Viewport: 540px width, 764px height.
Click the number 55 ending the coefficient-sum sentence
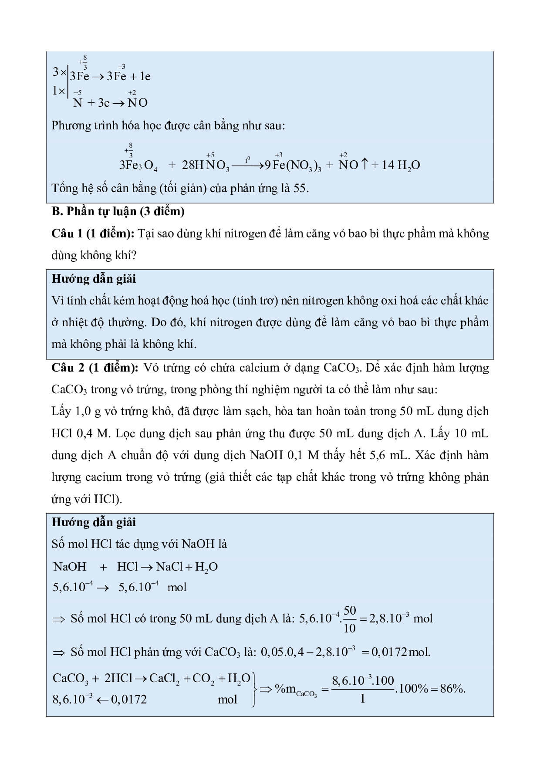pyautogui.click(x=299, y=188)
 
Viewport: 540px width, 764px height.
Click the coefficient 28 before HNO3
pyautogui.click(x=190, y=165)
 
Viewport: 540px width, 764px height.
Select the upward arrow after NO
pyautogui.click(x=364, y=165)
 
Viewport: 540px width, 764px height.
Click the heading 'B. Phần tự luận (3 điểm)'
pyautogui.click(x=118, y=211)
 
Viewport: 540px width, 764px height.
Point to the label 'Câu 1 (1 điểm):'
pyautogui.click(x=93, y=233)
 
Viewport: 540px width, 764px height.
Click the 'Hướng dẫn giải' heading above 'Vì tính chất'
pyautogui.click(x=94, y=279)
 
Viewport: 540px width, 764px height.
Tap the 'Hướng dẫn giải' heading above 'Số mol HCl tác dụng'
pyautogui.click(x=94, y=522)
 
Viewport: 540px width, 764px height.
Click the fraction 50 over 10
pyautogui.click(x=349, y=619)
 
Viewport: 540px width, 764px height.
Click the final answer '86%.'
pyautogui.click(x=452, y=689)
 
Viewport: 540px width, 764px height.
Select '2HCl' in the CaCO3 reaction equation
pyautogui.click(x=118, y=678)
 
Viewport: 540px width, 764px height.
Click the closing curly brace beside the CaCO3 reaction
pyautogui.click(x=254, y=689)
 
